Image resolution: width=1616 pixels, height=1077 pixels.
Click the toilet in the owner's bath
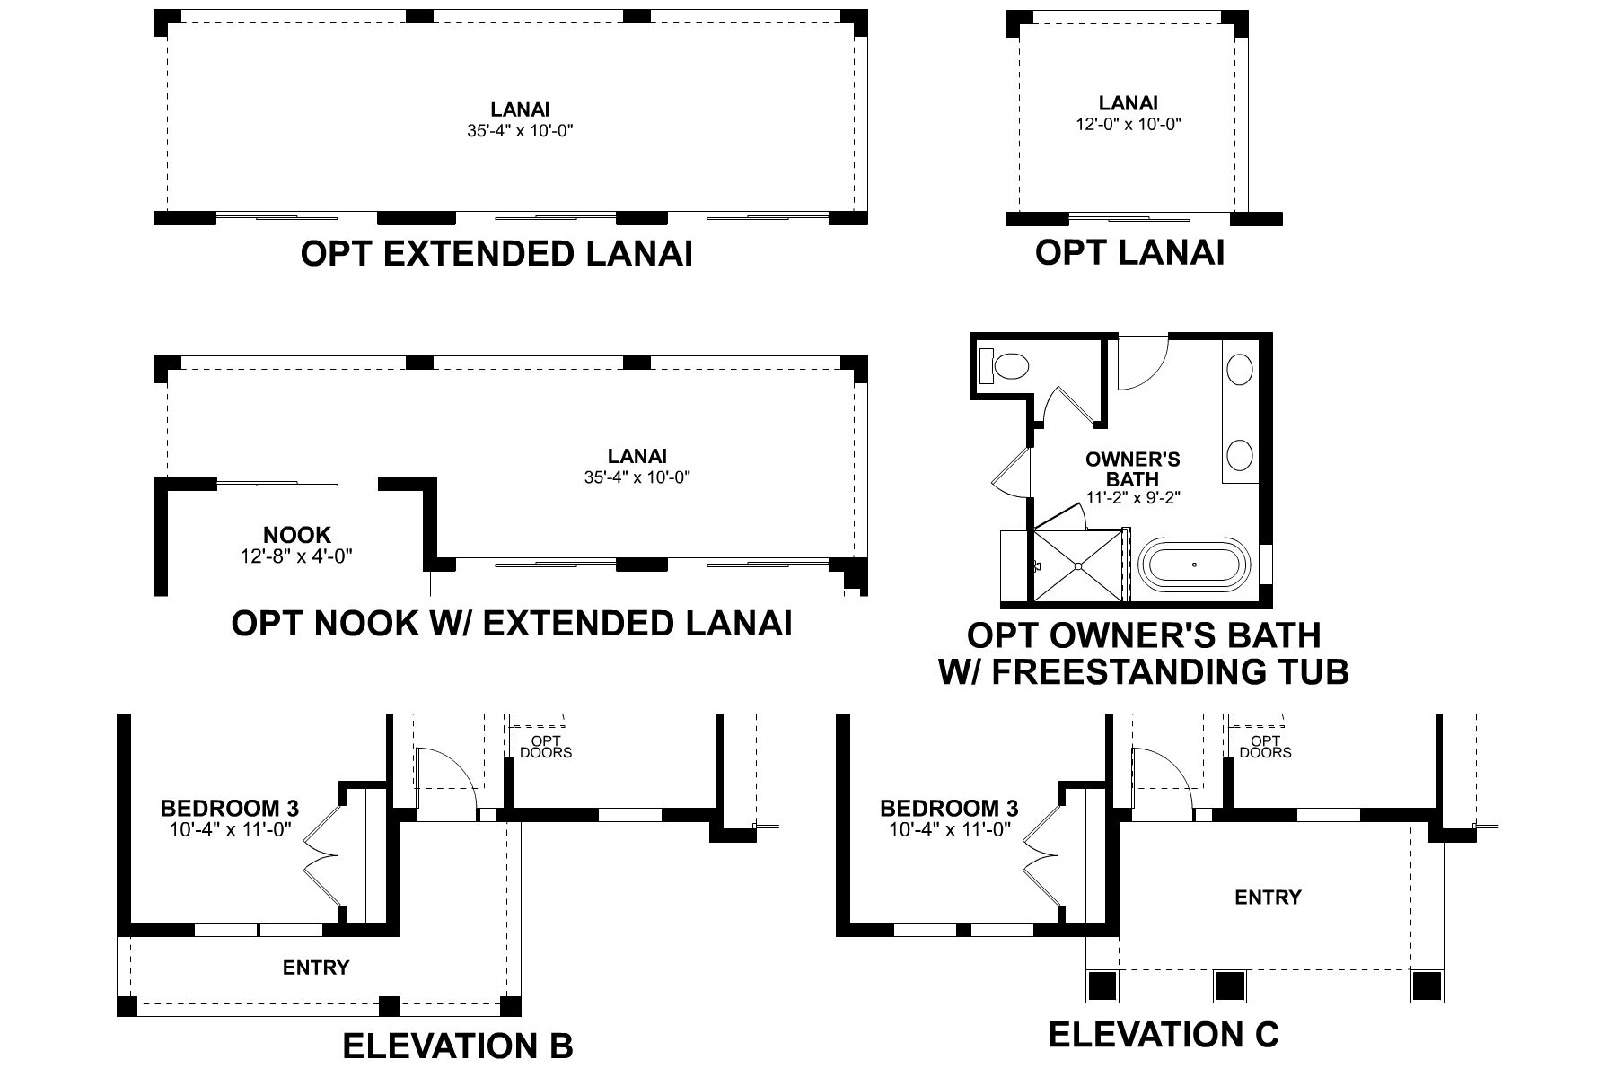coord(1006,367)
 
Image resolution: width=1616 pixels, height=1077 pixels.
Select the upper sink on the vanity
coord(1240,369)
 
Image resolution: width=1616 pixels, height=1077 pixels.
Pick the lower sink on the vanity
coord(1240,454)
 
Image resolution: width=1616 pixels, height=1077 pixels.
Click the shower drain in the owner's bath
coord(1077,566)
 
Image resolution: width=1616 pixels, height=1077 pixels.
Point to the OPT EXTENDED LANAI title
coord(496,254)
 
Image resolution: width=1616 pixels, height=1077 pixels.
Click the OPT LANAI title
coord(1129,252)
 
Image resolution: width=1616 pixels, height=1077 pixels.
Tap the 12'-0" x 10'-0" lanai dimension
coord(1129,125)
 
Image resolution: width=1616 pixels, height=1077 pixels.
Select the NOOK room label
coord(296,536)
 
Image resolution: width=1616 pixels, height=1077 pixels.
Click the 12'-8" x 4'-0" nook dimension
coord(296,556)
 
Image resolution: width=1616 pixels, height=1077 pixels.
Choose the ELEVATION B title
coord(458,1046)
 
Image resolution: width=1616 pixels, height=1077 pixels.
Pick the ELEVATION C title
coord(1164,1035)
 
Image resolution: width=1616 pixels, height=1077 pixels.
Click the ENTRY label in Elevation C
coord(1268,897)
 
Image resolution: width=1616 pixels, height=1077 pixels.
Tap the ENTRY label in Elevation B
coord(315,968)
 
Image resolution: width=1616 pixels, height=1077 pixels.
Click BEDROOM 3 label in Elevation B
coord(230,808)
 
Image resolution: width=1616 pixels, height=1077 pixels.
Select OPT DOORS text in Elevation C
coord(1265,747)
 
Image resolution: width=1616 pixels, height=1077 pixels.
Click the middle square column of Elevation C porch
coord(1230,986)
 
